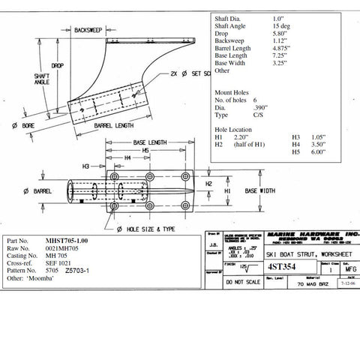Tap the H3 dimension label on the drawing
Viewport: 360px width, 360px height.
point(86,166)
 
